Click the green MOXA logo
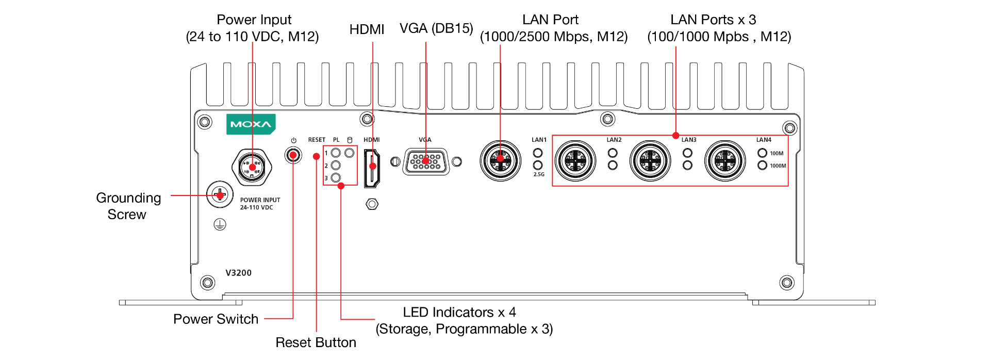tap(251, 124)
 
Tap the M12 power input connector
tap(252, 167)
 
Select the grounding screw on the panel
tap(220, 195)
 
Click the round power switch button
tap(293, 155)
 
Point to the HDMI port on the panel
tap(372, 168)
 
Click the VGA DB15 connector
tap(426, 161)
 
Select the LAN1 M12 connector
tap(500, 160)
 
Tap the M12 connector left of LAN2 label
tap(575, 161)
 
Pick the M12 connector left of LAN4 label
tap(725, 161)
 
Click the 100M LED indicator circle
tap(762, 153)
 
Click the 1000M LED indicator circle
tap(762, 165)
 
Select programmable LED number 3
tap(336, 178)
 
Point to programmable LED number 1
tap(336, 153)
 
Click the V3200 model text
tap(239, 273)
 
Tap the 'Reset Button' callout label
tap(316, 342)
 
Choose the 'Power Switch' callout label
tap(216, 319)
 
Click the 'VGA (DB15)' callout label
tap(436, 28)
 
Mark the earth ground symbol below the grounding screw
tap(220, 224)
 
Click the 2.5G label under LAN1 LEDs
tap(539, 174)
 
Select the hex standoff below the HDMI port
tap(372, 204)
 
